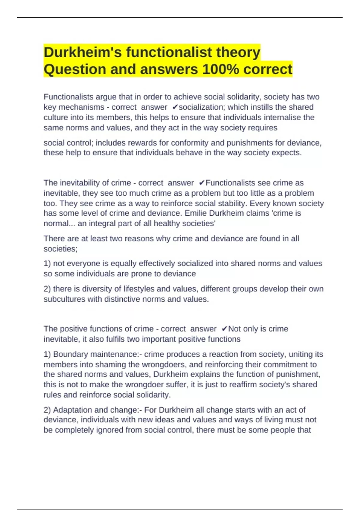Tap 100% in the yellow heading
pos(220,69)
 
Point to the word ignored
pos(110,430)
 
